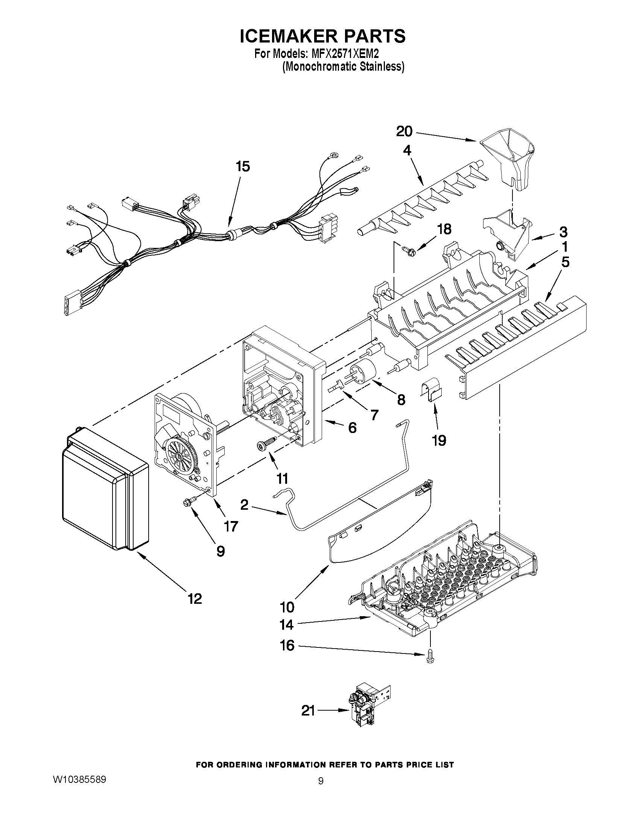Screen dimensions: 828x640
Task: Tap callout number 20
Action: [x=404, y=132]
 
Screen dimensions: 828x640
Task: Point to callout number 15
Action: [x=243, y=166]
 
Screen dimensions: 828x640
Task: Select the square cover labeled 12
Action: [x=104, y=489]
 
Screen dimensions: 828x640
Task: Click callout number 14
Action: [x=287, y=625]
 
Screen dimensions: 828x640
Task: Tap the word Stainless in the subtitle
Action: [x=381, y=67]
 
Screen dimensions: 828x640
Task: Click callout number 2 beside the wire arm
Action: [x=244, y=504]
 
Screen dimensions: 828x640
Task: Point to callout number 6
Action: [x=352, y=428]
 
